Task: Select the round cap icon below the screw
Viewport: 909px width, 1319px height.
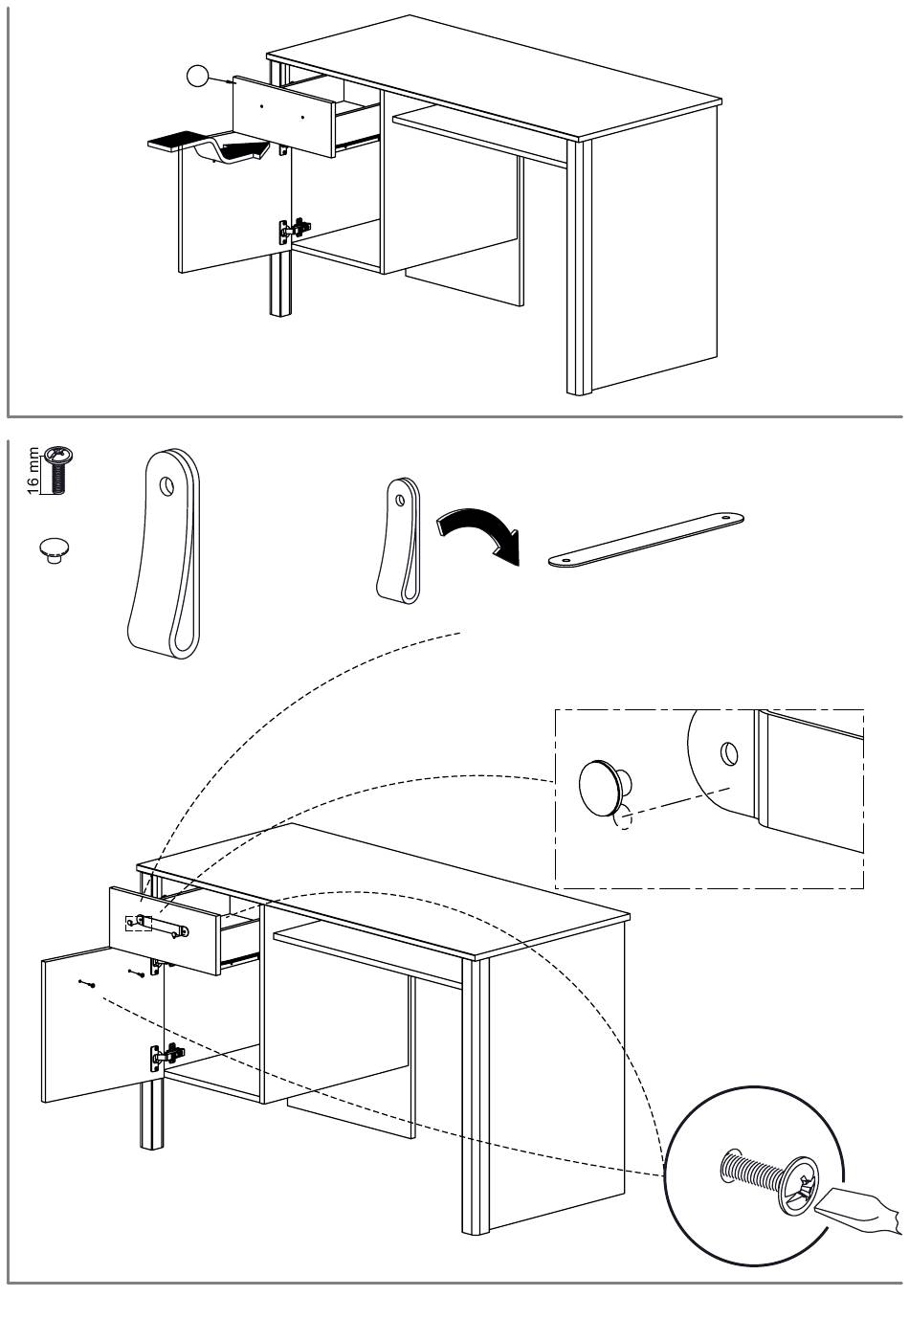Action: click(x=55, y=550)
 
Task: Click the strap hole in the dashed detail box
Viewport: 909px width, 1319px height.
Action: click(x=729, y=753)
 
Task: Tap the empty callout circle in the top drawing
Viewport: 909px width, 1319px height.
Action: click(x=197, y=76)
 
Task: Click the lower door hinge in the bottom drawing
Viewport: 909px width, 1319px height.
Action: click(x=165, y=1056)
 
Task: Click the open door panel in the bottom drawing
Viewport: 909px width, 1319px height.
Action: click(x=101, y=1024)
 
